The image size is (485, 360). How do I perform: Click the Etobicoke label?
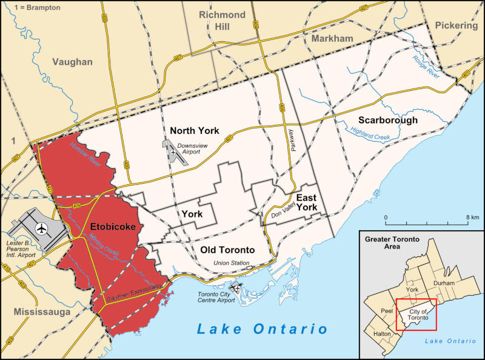pyautogui.click(x=113, y=227)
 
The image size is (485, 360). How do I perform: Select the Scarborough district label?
pyautogui.click(x=387, y=120)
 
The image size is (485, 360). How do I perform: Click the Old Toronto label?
pyautogui.click(x=227, y=250)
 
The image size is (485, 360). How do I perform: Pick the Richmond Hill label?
pyautogui.click(x=222, y=21)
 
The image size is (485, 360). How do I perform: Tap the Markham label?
pyautogui.click(x=332, y=39)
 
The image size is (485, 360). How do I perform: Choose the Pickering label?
pyautogui.click(x=456, y=25)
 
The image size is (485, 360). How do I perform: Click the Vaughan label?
pyautogui.click(x=72, y=62)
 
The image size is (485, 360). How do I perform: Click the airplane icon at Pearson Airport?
pyautogui.click(x=41, y=229)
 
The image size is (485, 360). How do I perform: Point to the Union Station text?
pyautogui.click(x=231, y=263)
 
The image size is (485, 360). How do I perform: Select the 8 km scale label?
pyautogui.click(x=472, y=217)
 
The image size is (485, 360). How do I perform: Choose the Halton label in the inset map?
pyautogui.click(x=382, y=334)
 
